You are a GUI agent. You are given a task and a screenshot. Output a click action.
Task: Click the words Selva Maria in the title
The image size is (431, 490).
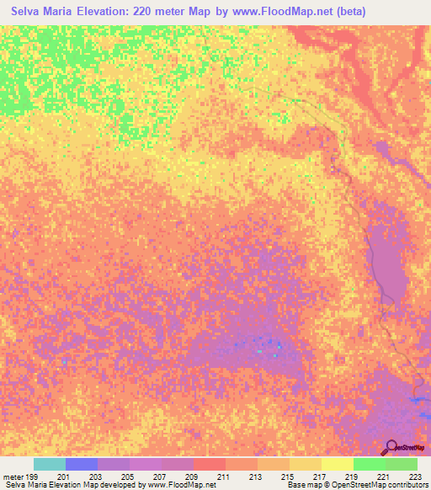42,11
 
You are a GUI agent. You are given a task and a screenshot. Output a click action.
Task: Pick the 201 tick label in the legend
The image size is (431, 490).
64,477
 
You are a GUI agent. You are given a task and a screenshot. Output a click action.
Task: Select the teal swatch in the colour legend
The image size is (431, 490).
50,464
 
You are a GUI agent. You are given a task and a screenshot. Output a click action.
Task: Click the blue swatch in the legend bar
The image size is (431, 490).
82,464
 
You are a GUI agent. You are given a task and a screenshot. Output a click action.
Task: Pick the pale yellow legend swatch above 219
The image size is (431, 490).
338,464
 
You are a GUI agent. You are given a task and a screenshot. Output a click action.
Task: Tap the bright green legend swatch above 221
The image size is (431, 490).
370,464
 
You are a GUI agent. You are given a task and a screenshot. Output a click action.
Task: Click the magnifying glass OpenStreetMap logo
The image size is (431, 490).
391,447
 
